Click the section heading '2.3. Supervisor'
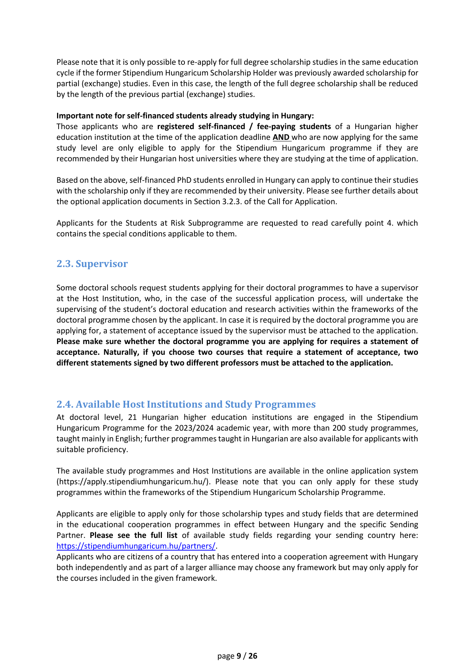coord(92,264)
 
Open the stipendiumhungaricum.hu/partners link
coord(136,546)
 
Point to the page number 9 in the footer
coord(239,656)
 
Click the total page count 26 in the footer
coord(253,656)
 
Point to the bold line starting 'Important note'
coord(185,116)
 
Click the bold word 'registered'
coord(175,126)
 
